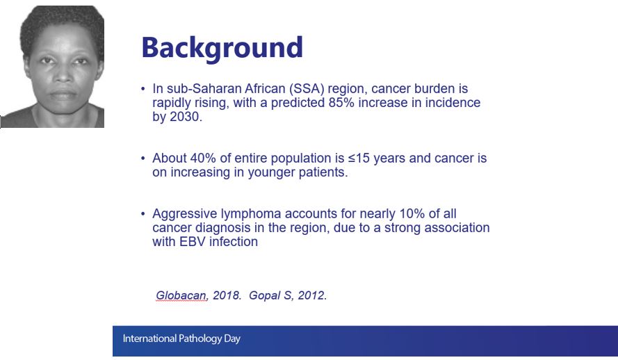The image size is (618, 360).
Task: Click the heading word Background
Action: [222, 48]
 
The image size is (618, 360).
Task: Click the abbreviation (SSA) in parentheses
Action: [306, 89]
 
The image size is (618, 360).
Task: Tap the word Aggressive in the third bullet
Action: [184, 214]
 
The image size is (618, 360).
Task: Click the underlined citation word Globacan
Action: [181, 295]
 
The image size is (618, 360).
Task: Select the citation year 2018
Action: [226, 295]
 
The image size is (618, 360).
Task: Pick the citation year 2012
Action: [311, 295]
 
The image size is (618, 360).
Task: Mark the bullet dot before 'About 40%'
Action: [143, 158]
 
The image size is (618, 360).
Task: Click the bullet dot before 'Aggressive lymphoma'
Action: [143, 214]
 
